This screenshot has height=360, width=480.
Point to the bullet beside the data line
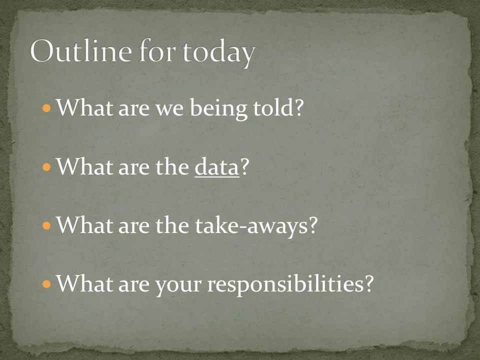pos(47,167)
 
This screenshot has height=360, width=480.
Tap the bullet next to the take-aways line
pos(47,225)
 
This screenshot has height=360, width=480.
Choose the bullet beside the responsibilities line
pos(47,284)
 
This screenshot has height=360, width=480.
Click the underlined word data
pos(217,167)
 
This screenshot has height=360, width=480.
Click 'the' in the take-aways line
pos(171,225)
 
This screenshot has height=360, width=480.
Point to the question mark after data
pos(244,167)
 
